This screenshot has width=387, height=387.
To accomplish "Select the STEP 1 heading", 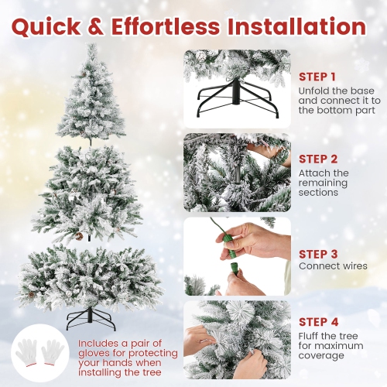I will [x=317, y=77].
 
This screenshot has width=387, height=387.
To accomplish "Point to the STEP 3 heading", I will [x=317, y=253].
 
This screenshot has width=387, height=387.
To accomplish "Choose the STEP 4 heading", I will [x=317, y=322].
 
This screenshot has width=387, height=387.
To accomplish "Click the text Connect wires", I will [x=333, y=266].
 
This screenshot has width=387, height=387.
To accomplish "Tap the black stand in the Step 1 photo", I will [x=236, y=101].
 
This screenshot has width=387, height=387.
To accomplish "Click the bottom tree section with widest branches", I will [x=91, y=275].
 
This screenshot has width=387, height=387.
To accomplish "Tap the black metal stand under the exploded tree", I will [x=91, y=317].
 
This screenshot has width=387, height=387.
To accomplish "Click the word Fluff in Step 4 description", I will [x=311, y=335].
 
